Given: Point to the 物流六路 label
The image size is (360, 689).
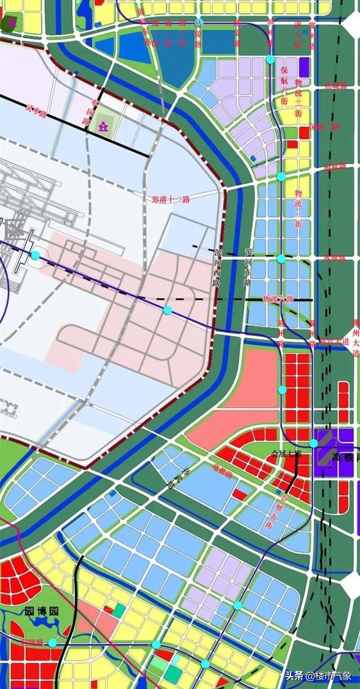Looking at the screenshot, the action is point(278,299).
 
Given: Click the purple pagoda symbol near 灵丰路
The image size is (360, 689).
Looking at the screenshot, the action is point(103,126).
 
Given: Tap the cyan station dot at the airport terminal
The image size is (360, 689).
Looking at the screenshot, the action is point(35,255).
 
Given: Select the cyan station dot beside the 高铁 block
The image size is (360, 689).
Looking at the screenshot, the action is point(313,443).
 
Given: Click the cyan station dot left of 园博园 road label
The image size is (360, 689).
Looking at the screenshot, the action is point(52,642).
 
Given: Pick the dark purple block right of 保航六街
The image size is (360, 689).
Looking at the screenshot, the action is point(304,67).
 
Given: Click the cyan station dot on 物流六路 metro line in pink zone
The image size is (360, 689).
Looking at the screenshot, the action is point(167,310).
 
